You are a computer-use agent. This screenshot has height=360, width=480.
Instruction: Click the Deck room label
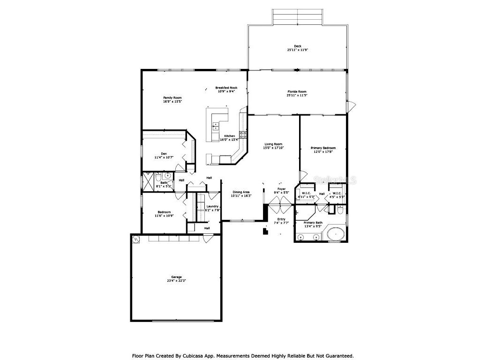(x=297, y=46)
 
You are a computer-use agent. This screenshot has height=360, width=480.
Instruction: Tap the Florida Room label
(x=297, y=91)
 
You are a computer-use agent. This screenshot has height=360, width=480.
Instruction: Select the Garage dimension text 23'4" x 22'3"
(x=176, y=281)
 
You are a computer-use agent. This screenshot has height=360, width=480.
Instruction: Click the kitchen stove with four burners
(x=243, y=135)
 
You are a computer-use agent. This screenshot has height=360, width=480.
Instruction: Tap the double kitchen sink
(x=216, y=126)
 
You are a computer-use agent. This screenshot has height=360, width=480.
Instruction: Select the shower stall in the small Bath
(x=148, y=180)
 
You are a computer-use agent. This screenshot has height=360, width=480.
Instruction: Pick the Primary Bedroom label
(x=323, y=148)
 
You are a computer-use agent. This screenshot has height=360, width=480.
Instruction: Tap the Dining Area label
(x=241, y=192)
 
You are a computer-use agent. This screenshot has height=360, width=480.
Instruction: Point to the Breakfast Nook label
(x=226, y=88)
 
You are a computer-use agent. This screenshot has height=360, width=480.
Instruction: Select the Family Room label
(x=172, y=97)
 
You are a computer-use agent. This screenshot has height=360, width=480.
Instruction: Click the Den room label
(x=164, y=154)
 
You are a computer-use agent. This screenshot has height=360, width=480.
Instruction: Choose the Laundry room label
(x=213, y=206)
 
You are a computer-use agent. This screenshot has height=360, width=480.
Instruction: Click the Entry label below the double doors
(x=281, y=219)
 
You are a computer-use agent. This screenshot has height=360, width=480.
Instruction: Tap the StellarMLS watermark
(x=336, y=180)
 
